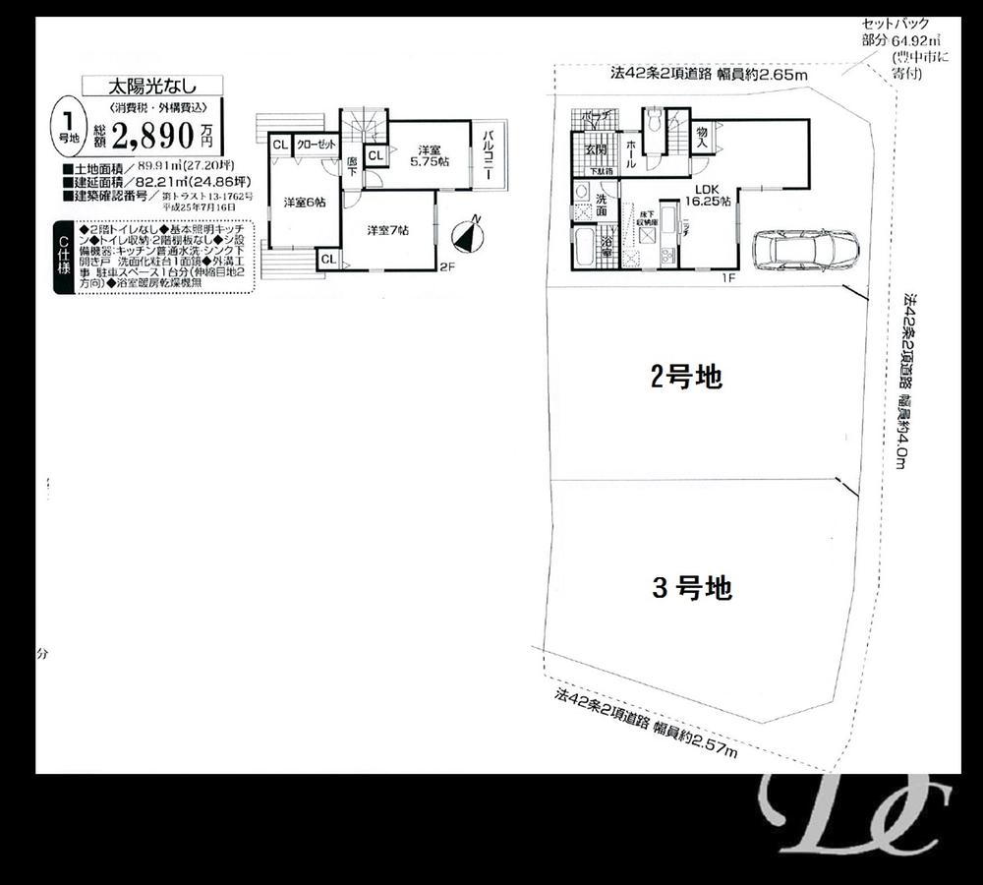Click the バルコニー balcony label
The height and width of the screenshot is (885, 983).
pyautogui.click(x=488, y=158)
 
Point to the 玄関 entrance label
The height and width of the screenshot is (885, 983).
pyautogui.click(x=596, y=150)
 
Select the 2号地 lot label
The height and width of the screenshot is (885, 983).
pyautogui.click(x=686, y=377)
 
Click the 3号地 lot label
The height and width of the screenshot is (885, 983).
pyautogui.click(x=692, y=589)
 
